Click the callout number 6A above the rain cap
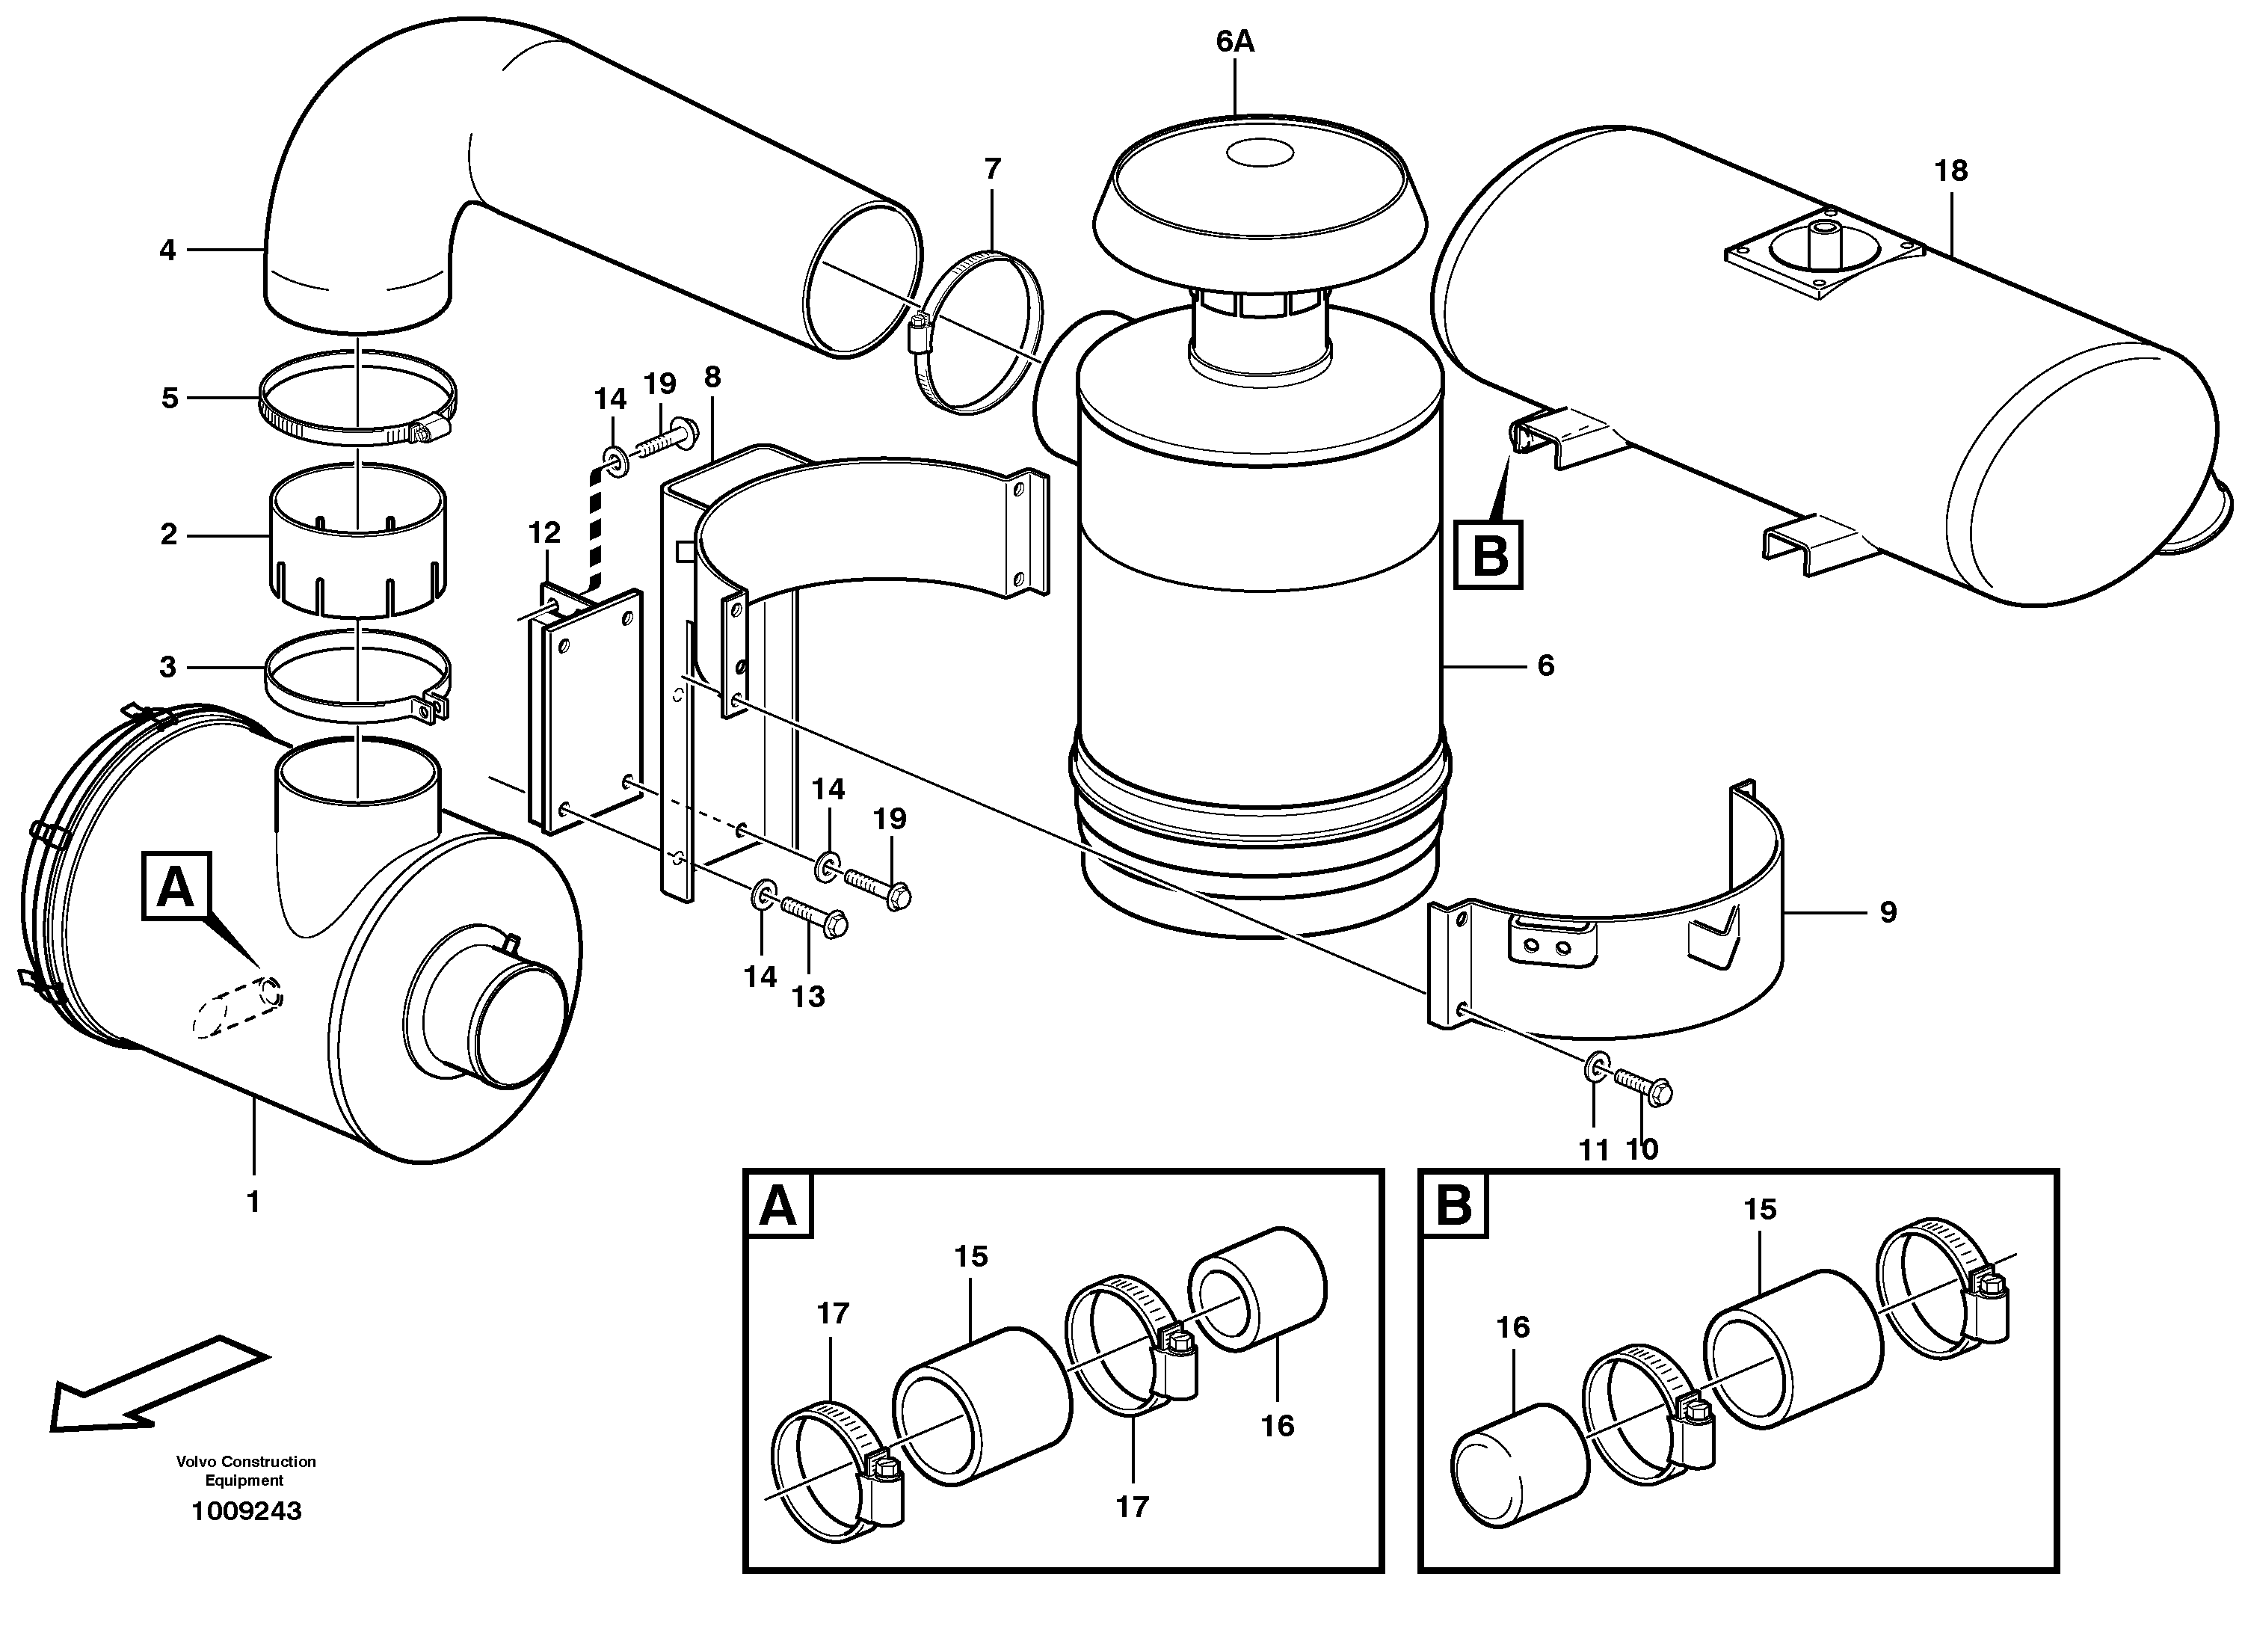tap(1235, 42)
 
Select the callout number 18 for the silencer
tap(1950, 171)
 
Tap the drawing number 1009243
tap(246, 1511)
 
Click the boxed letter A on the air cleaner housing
tap(175, 888)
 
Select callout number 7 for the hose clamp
tap(993, 169)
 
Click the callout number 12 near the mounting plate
tap(543, 533)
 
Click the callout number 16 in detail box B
tap(1512, 1327)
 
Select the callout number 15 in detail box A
tap(971, 1256)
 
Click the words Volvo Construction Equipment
tap(246, 1471)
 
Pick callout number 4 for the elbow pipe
tap(168, 251)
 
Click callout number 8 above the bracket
tap(712, 377)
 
